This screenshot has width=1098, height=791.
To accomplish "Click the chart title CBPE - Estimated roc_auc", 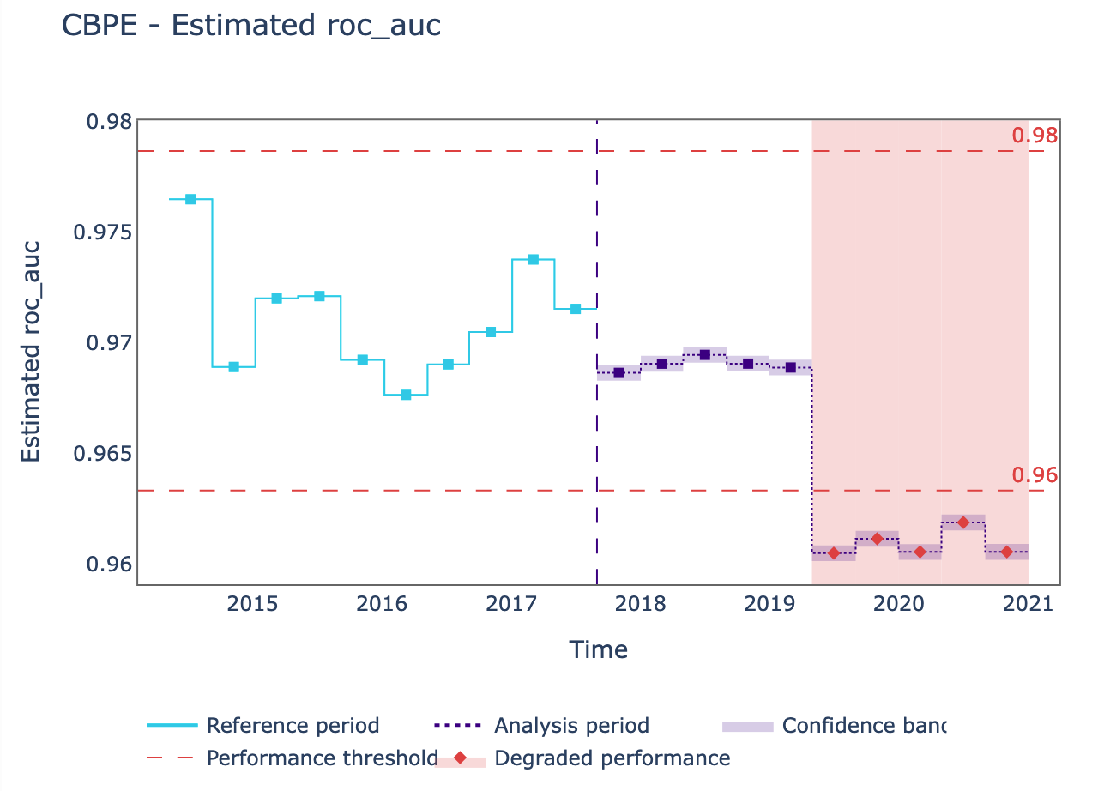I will [x=251, y=26].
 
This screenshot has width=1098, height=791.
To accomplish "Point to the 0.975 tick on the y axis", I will [x=108, y=232].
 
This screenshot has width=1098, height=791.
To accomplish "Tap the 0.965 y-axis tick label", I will [x=108, y=453].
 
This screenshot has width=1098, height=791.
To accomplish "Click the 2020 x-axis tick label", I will [x=899, y=604].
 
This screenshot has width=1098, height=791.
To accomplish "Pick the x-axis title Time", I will [x=599, y=650].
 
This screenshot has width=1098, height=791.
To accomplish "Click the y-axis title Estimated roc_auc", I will [x=31, y=352].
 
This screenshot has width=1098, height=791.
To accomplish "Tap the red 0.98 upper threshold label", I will [x=1034, y=136].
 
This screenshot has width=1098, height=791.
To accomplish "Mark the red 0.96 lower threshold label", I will [x=1034, y=475].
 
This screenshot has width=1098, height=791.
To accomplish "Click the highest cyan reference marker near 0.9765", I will [x=190, y=199].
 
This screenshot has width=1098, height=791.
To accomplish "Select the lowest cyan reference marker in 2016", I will [x=406, y=395].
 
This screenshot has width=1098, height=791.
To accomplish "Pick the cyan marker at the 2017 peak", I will [x=533, y=259].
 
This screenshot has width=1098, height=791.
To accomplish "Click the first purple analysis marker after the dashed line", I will [x=618, y=372].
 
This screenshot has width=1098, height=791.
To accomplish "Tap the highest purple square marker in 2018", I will [x=704, y=355].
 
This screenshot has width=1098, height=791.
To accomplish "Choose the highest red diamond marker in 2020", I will [x=962, y=522].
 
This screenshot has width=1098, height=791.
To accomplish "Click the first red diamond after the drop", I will [x=833, y=553].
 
